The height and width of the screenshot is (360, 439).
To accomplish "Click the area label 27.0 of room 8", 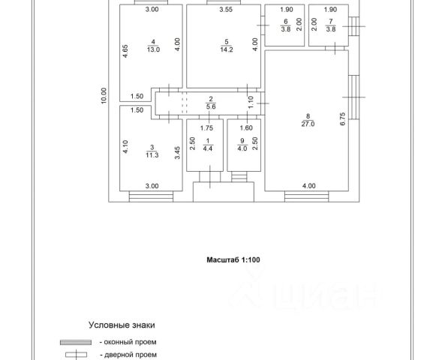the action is point(308,124).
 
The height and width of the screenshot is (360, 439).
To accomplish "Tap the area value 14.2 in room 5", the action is point(226,49).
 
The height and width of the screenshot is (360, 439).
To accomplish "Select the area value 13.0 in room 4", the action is point(153,49).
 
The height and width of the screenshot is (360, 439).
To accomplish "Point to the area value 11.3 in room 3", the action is point(152,155).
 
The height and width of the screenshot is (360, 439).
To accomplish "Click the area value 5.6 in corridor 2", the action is point(211,106).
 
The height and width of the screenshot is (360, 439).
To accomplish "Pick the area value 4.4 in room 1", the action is point(207,148).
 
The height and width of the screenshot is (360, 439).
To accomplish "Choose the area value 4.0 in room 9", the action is point(242,148).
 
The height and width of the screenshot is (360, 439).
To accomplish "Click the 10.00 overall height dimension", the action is point(104,96).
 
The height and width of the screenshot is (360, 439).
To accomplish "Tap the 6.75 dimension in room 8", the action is point(343,119).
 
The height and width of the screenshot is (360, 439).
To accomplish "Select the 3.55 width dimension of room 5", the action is point(226,10).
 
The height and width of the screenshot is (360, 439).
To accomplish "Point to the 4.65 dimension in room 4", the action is point(125,52).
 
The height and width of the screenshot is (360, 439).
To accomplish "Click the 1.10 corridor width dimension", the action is point(251,102).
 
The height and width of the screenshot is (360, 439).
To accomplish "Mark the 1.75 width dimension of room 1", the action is point(206,128).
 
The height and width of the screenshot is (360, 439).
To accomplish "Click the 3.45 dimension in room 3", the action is point(178,153).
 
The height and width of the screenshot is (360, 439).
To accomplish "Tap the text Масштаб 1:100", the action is point(233,259).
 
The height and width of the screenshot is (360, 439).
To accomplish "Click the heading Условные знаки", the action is point(122,325).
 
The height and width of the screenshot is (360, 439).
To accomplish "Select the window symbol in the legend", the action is point(76,343).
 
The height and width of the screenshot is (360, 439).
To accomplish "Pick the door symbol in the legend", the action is point(76,355).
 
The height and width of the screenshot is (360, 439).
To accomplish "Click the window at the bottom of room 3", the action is point(151,196).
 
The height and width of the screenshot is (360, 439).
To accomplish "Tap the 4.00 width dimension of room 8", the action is point(309,186).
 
